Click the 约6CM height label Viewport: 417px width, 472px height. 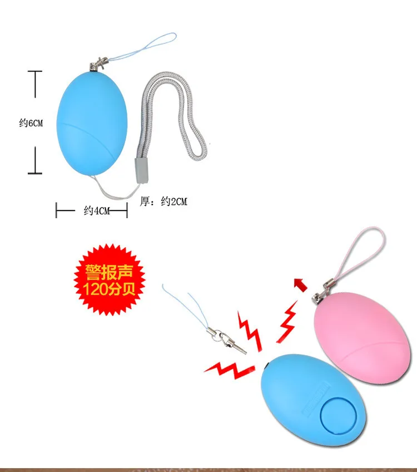pos(30,123)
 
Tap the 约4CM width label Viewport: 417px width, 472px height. pos(97,210)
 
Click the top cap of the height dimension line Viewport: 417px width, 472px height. pos(35,72)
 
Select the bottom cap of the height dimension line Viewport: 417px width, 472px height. pos(35,173)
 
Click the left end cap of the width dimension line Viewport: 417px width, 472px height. pos(57,210)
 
